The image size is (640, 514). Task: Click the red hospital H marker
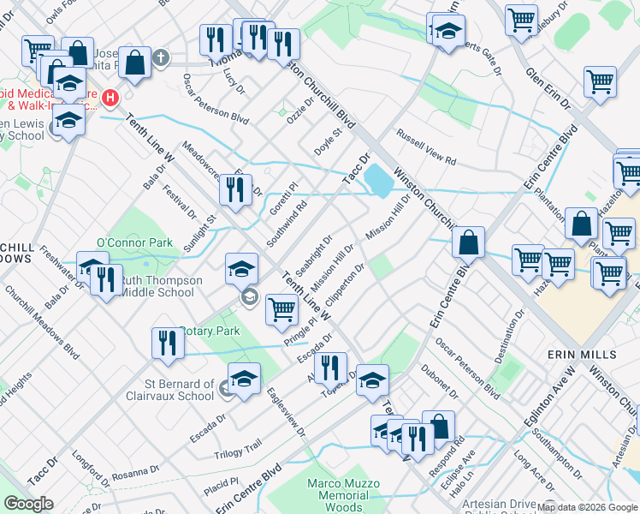110,99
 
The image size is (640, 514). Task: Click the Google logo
30,504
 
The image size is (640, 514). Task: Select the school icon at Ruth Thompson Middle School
242,270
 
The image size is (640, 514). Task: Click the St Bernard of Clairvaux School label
168,390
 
